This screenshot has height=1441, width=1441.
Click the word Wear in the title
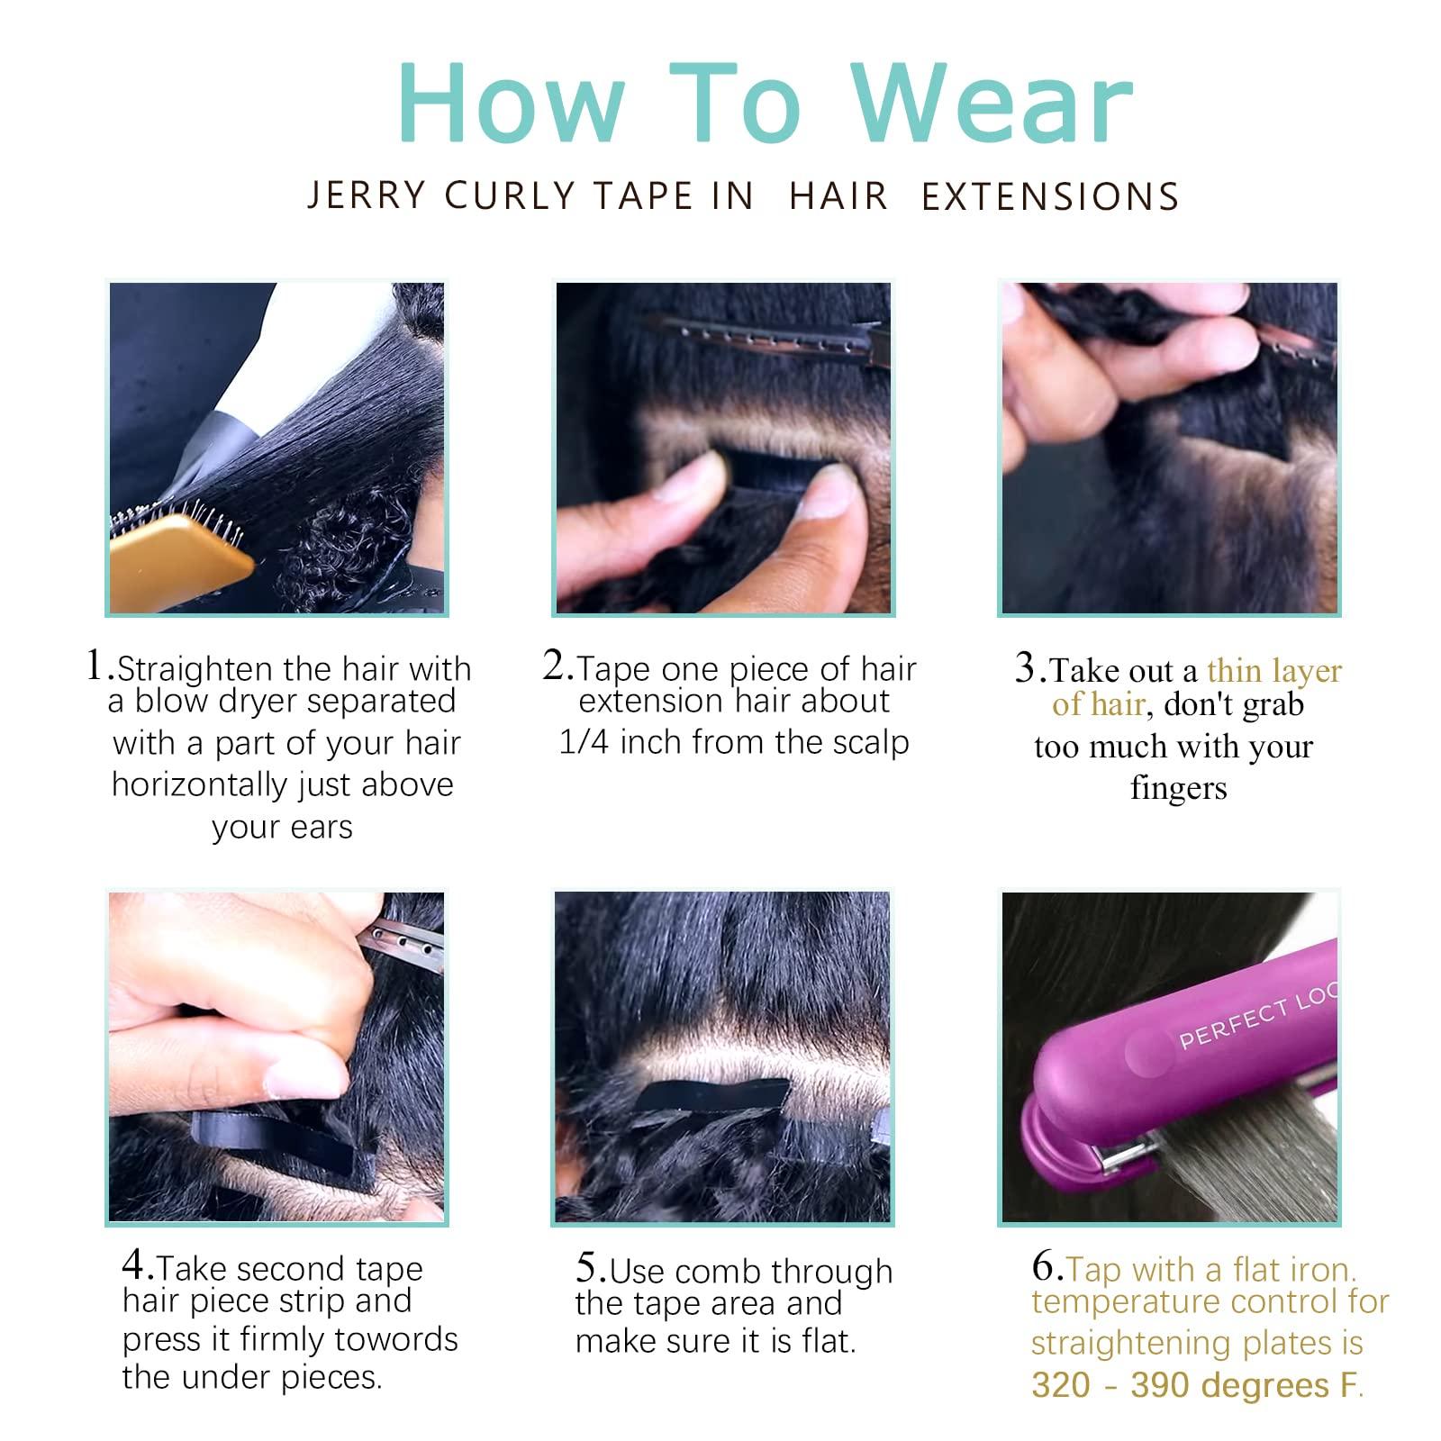point(992,104)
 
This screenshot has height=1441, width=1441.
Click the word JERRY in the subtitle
point(367,195)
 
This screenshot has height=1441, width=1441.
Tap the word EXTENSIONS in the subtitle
point(1050,196)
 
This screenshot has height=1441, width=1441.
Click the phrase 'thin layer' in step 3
point(1274,671)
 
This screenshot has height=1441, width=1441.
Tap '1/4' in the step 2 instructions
point(585,742)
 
